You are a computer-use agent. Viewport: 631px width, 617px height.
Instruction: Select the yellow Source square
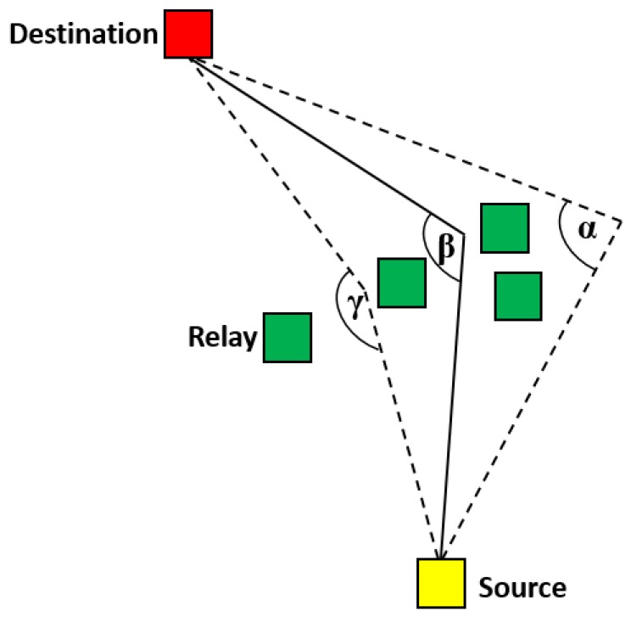coord(440,583)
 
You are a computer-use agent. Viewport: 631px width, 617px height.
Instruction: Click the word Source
coord(522,587)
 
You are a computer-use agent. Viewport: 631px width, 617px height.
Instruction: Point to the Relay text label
coord(222,339)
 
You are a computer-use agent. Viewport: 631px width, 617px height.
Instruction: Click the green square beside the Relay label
coord(288,338)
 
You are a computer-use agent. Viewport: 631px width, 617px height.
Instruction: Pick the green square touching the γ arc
coord(401,283)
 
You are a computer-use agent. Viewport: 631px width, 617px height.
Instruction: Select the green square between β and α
coord(505,228)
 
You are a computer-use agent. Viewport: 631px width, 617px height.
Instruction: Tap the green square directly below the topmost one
coord(517,296)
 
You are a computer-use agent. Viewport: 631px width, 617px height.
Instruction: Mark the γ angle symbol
coord(357,307)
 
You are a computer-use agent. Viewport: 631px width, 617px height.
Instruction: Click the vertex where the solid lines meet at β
coord(465,231)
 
